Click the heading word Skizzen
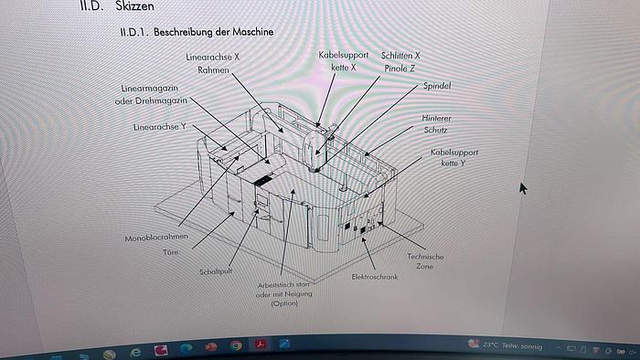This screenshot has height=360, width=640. (134, 5)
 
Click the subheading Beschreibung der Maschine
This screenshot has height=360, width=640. (213, 32)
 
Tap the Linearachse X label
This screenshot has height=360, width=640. (213, 57)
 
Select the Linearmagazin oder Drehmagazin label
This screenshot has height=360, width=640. (151, 95)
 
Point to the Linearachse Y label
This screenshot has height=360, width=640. (160, 127)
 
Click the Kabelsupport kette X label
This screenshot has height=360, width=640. (344, 61)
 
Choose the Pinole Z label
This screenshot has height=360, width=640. (400, 69)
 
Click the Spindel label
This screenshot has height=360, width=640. (437, 86)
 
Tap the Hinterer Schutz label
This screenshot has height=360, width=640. (436, 124)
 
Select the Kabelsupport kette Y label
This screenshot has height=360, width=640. (453, 157)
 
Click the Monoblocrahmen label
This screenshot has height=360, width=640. (156, 238)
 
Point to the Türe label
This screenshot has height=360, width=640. (171, 252)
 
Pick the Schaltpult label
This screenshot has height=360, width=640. (216, 271)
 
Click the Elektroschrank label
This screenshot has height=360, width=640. (375, 277)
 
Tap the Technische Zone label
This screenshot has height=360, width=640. (425, 261)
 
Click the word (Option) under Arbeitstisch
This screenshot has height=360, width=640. (284, 303)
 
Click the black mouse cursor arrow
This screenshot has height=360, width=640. (523, 188)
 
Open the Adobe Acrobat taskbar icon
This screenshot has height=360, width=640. (261, 344)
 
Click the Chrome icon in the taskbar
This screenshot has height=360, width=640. (236, 346)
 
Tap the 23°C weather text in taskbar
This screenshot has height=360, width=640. (490, 344)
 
